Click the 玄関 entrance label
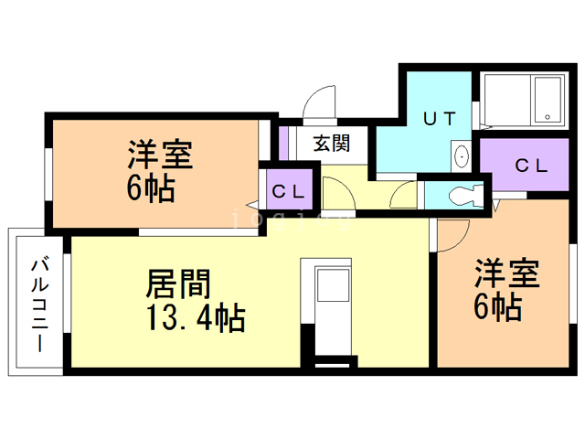pos(331,143)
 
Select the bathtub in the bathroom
pos(522,100)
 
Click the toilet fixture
pos(466,195)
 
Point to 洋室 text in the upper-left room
pos(159,155)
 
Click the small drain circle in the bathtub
pos(548,117)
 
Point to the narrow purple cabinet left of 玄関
pos(284,142)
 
